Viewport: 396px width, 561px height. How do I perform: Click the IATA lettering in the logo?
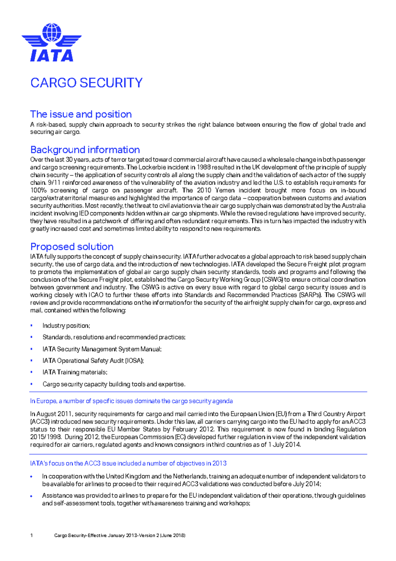tap(52, 56)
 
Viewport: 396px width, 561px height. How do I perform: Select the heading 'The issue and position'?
tap(81, 114)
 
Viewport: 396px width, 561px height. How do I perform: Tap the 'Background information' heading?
tap(85, 150)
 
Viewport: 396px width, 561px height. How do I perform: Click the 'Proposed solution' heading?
tap(72, 246)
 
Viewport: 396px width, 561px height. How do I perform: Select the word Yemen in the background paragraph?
tap(225, 190)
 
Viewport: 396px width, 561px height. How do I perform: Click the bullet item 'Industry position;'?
tap(66, 326)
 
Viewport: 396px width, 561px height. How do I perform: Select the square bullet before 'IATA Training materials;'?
tap(31, 372)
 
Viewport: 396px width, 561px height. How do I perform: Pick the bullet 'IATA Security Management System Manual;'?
tap(102, 349)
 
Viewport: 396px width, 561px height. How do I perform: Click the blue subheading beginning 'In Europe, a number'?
tap(131, 401)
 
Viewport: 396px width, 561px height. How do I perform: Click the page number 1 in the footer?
tap(31, 535)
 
